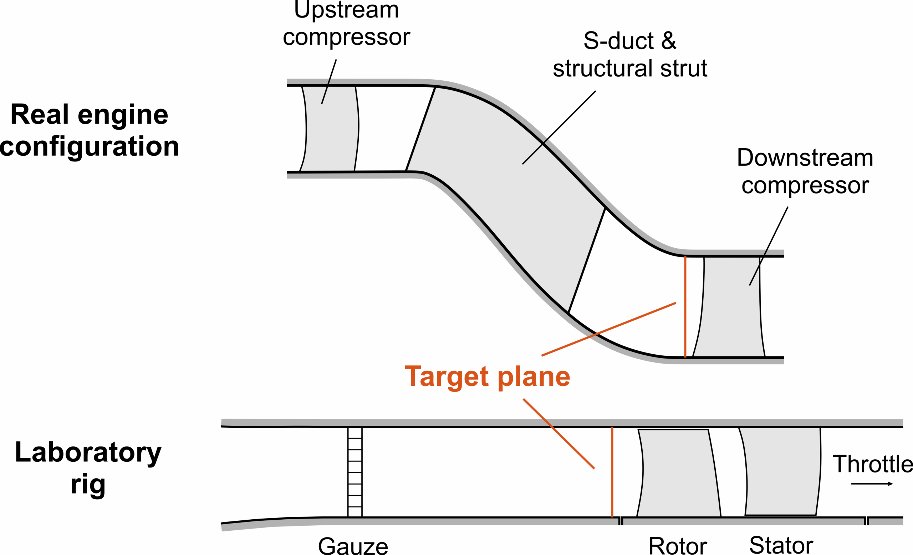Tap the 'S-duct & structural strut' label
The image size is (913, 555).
coord(630,55)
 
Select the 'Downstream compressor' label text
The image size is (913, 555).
coord(805,171)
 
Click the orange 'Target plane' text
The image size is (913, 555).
coord(487,377)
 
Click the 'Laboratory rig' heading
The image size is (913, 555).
coord(88,468)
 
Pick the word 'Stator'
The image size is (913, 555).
coord(781,545)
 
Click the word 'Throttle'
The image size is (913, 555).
coord(873,464)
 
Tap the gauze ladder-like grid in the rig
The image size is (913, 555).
coord(355,472)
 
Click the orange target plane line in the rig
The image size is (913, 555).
coord(612,472)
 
